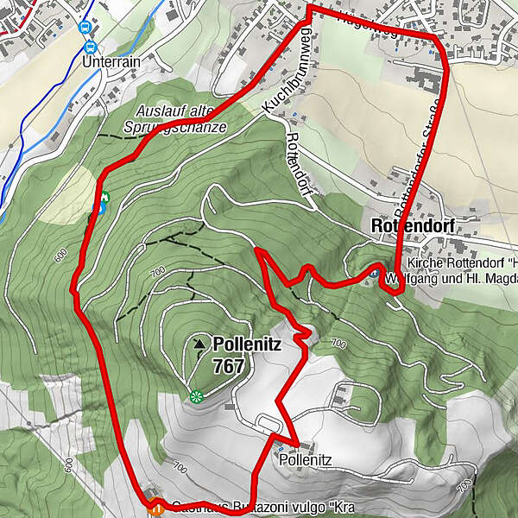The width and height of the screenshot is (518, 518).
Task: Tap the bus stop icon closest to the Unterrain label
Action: pyautogui.click(x=87, y=44)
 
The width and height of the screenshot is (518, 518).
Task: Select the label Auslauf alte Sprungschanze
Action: pyautogui.click(x=180, y=119)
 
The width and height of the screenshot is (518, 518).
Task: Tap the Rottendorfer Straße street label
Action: pyautogui.click(x=418, y=160)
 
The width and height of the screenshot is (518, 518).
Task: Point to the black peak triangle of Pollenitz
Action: pyautogui.click(x=200, y=344)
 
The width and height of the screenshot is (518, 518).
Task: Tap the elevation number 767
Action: pyautogui.click(x=229, y=366)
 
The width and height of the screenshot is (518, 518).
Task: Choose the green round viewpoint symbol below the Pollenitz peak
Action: pyautogui.click(x=196, y=396)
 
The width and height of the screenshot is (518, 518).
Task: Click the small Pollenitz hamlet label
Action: pyautogui.click(x=306, y=461)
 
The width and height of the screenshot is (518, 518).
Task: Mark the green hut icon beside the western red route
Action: pyautogui.click(x=104, y=199)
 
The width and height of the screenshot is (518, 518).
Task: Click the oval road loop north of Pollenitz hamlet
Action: pyautogui.click(x=268, y=421)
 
